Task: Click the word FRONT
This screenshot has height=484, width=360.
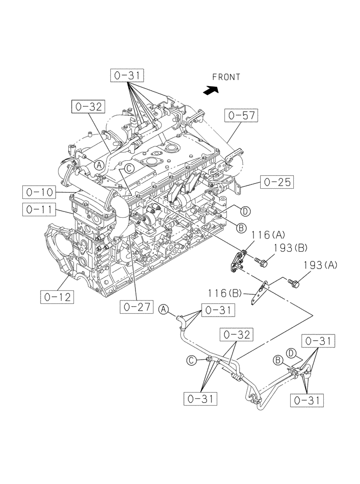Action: coord(225,76)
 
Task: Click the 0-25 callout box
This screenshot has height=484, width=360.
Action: coord(277,182)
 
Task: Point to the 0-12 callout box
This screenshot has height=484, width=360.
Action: coord(57,297)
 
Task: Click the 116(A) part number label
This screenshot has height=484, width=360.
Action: coord(268,235)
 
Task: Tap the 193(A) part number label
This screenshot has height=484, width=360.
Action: coord(320,265)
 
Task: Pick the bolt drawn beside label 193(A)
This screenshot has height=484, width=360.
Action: coord(294,282)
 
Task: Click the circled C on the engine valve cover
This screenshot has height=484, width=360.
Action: coord(129,168)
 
